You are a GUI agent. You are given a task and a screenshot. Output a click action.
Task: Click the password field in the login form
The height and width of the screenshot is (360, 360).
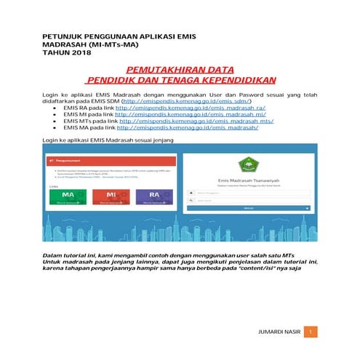pyautogui.click(x=253, y=201)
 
